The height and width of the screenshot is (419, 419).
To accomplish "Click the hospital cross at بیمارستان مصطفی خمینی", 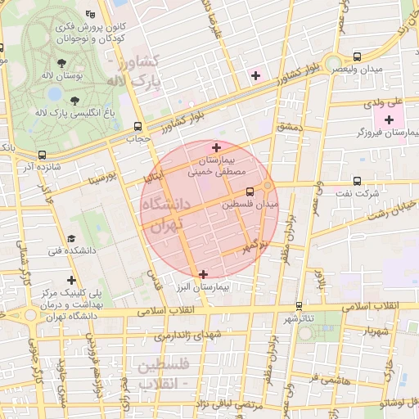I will tap(216, 147).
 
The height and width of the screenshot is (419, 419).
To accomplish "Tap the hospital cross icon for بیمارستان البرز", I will tap(203, 274).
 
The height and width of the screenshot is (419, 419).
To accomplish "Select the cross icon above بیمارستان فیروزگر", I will tap(389, 120).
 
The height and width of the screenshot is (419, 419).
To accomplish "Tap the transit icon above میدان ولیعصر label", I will tap(356, 56).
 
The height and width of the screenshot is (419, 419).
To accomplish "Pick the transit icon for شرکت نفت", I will tap(357, 182).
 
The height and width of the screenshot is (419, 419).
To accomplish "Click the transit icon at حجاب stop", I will tap(137, 127).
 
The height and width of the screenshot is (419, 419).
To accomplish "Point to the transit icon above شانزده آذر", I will tap(42, 155).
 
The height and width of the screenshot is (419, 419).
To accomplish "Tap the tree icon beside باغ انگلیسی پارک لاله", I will tap(75, 101).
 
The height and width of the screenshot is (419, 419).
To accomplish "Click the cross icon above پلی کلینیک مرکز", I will tap(72, 280).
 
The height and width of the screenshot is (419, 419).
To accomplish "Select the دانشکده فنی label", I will tap(73, 251).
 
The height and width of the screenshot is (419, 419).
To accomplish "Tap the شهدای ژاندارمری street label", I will tap(187, 335).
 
